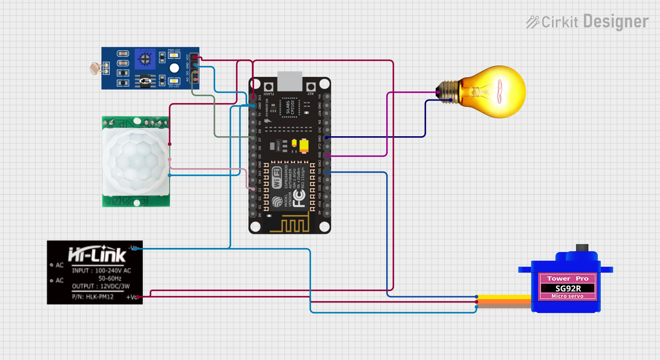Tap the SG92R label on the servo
coord(568,288)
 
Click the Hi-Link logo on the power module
coord(97,255)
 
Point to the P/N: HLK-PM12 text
coord(92,297)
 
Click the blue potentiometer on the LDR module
coord(145,59)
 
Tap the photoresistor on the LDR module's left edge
coord(95,68)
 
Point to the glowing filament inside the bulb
coord(500,91)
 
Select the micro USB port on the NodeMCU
coord(290,81)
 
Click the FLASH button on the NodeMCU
coord(268,87)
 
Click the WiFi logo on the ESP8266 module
coord(277,178)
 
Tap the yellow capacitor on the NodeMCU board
coord(304,146)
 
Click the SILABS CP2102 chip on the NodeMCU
coord(290,108)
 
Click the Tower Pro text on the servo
coord(568,279)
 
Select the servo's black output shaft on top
coord(582,248)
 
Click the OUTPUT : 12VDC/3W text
coord(101,286)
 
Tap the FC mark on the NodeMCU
coord(299,198)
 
